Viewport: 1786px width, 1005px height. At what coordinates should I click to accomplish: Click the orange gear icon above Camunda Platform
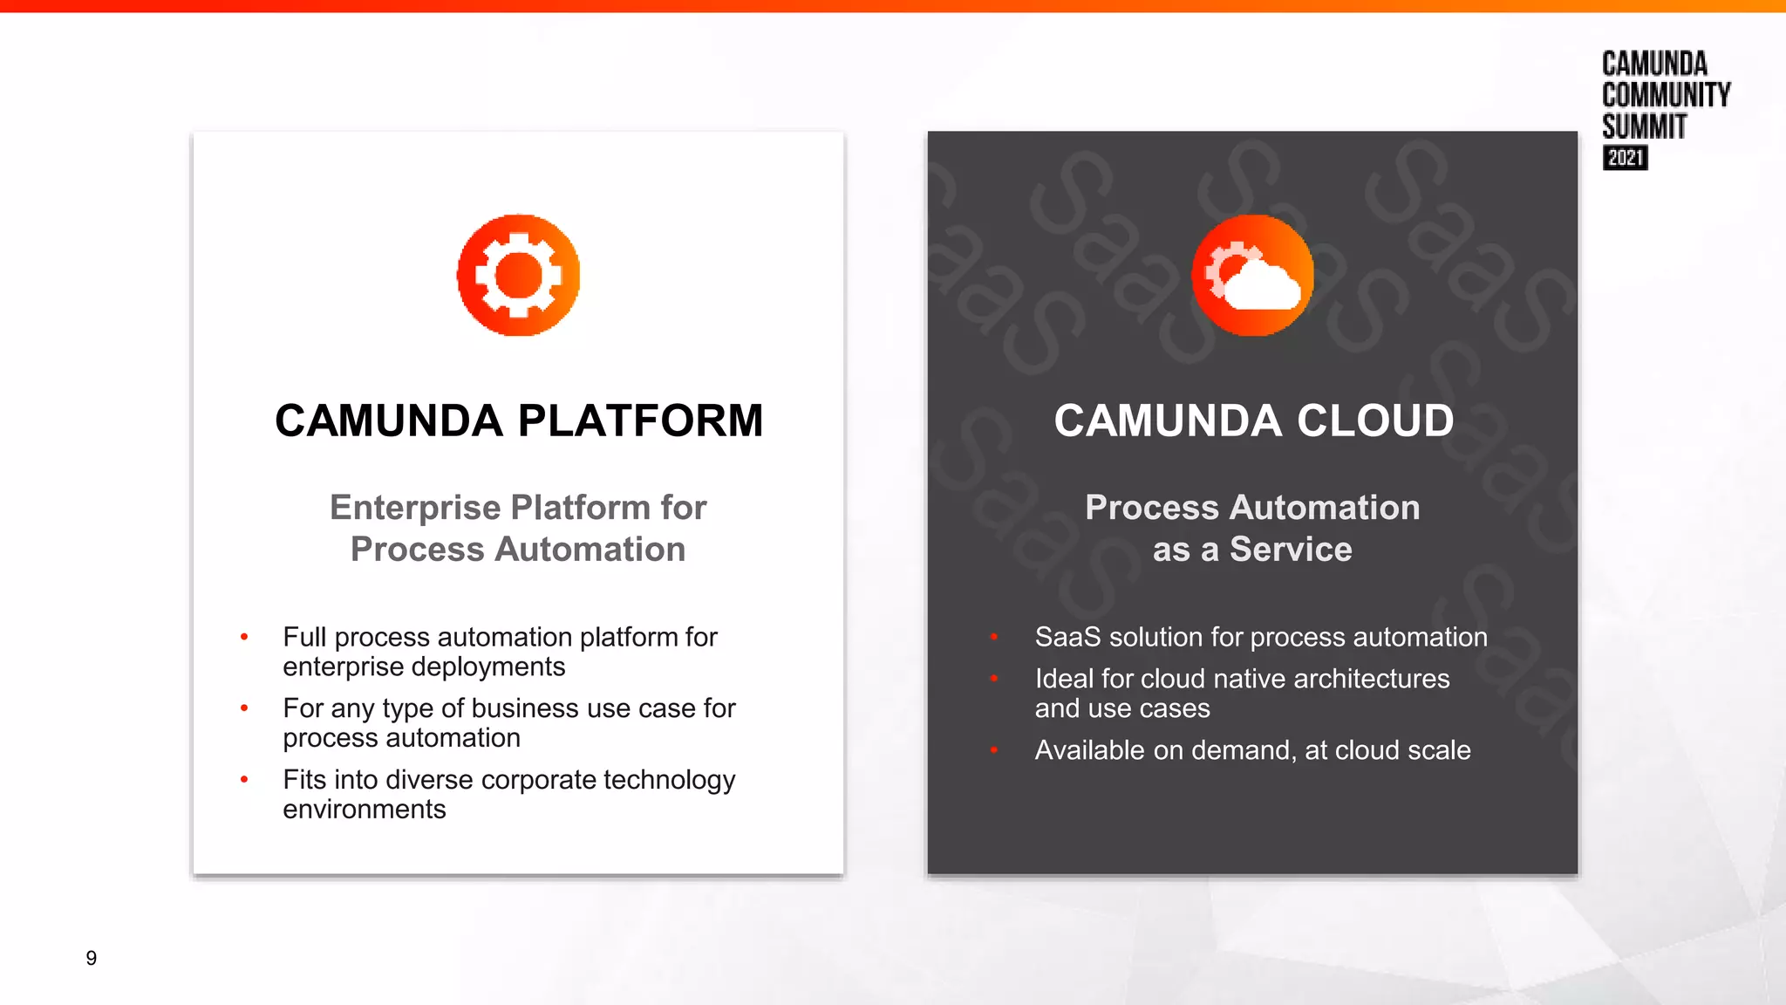coord(518,275)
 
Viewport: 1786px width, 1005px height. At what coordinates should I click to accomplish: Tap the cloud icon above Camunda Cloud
coord(1252,276)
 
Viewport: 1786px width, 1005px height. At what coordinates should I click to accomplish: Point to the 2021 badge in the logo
coord(1625,158)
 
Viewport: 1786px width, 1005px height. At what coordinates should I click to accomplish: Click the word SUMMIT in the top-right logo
coord(1644,126)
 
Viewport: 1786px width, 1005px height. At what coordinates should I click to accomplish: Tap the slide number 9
coord(91,958)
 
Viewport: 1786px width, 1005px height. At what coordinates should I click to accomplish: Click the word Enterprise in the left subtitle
coord(414,508)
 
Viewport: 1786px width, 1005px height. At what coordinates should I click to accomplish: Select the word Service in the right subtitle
coord(1291,550)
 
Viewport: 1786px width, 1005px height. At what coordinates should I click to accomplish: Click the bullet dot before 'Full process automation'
coord(244,638)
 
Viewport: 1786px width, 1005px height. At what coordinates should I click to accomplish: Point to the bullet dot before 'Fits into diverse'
coord(244,780)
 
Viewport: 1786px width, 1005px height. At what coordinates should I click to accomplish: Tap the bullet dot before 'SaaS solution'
coord(993,638)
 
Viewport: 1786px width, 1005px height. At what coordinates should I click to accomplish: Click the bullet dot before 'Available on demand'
coord(993,750)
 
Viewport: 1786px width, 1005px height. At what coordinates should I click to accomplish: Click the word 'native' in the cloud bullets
coord(1249,679)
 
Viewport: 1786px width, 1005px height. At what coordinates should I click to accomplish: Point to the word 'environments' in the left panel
coord(364,810)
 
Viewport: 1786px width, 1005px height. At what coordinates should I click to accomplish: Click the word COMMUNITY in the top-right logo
coord(1666,95)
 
